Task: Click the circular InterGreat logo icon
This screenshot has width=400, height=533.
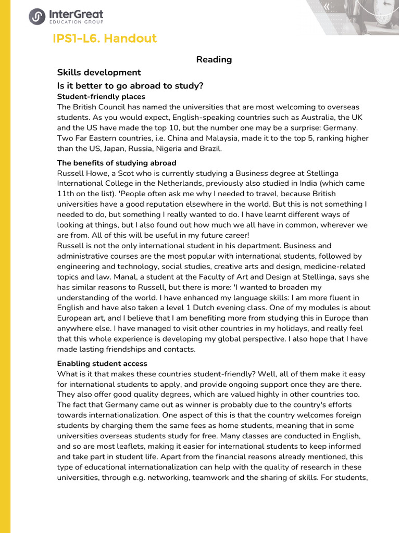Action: click(37, 17)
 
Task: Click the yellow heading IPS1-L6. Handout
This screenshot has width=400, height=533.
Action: click(105, 39)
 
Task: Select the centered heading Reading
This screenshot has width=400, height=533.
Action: click(214, 59)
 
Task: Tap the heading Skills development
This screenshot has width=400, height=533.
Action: click(99, 72)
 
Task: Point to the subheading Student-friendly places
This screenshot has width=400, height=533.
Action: click(101, 97)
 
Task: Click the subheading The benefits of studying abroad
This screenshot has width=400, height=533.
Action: click(117, 163)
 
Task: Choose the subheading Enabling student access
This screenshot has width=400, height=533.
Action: click(102, 364)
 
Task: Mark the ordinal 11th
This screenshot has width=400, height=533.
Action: click(66, 194)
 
